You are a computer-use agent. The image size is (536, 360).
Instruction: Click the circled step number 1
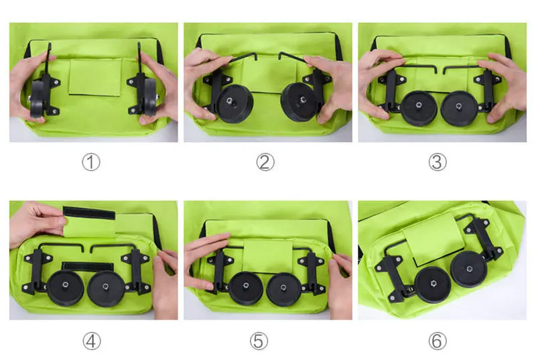pos(91,162)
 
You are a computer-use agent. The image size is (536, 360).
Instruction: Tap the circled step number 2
pos(265,162)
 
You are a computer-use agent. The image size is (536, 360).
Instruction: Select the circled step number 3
pos(438,162)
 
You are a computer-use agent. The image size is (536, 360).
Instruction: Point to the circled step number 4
pos(92,341)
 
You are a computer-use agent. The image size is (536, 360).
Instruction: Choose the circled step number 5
pos(259,341)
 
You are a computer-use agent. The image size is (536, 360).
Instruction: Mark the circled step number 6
pos(438,341)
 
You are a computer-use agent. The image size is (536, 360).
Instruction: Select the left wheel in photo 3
pos(419,108)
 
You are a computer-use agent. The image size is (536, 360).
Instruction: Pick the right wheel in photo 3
pos(459,109)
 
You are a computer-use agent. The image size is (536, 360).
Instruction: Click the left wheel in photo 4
pos(65,288)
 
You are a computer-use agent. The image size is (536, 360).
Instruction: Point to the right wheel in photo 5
pos(283,290)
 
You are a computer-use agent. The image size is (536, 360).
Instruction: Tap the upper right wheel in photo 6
pos(469,269)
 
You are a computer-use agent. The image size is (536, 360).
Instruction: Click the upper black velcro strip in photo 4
pos(89,213)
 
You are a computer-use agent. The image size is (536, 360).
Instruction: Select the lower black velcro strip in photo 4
pos(88,267)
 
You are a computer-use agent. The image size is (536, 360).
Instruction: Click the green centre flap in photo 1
pos(95,77)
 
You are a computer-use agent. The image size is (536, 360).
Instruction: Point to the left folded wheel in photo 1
pos(38,99)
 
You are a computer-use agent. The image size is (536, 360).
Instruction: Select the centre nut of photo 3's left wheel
pos(419,105)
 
